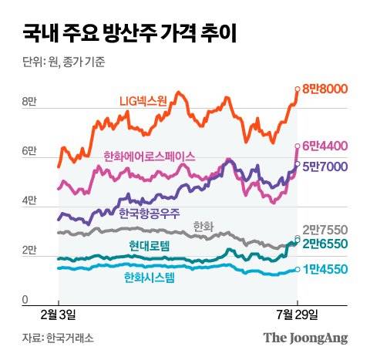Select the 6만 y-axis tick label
29,152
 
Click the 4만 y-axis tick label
29,201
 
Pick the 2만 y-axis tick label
29,251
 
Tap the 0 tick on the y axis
25,300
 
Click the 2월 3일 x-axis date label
59,315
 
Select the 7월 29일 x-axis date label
297,315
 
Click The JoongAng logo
305,338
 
